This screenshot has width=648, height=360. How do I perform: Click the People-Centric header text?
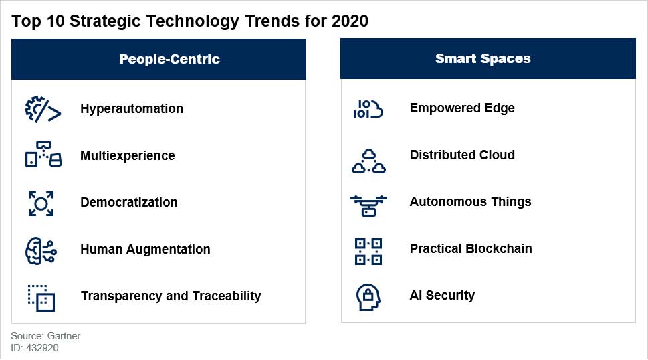pyautogui.click(x=169, y=59)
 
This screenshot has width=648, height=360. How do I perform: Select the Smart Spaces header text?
pyautogui.click(x=483, y=58)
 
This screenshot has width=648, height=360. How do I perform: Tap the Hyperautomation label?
pyautogui.click(x=132, y=108)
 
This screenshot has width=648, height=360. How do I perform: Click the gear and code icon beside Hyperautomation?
pyautogui.click(x=43, y=109)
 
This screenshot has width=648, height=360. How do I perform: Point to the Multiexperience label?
pyautogui.click(x=127, y=155)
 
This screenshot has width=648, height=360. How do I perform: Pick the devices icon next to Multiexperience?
pyautogui.click(x=43, y=155)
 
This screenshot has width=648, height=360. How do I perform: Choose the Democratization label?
pyautogui.click(x=129, y=202)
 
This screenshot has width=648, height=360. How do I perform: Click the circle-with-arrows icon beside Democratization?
pyautogui.click(x=41, y=203)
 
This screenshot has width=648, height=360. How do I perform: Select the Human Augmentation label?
pyautogui.click(x=145, y=249)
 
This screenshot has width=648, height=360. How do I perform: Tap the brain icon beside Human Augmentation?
pyautogui.click(x=41, y=250)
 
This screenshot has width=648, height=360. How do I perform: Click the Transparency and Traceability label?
pyautogui.click(x=171, y=296)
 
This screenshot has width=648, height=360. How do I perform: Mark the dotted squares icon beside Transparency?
pyautogui.click(x=41, y=297)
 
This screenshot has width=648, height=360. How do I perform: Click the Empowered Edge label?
pyautogui.click(x=462, y=108)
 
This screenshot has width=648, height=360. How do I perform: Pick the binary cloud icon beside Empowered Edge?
pyautogui.click(x=368, y=109)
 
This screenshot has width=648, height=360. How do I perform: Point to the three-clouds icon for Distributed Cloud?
pyautogui.click(x=368, y=161)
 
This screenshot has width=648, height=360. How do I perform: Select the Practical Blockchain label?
pyautogui.click(x=471, y=248)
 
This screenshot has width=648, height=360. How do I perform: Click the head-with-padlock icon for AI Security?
pyautogui.click(x=367, y=296)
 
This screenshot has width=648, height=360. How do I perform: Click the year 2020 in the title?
pyautogui.click(x=350, y=21)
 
